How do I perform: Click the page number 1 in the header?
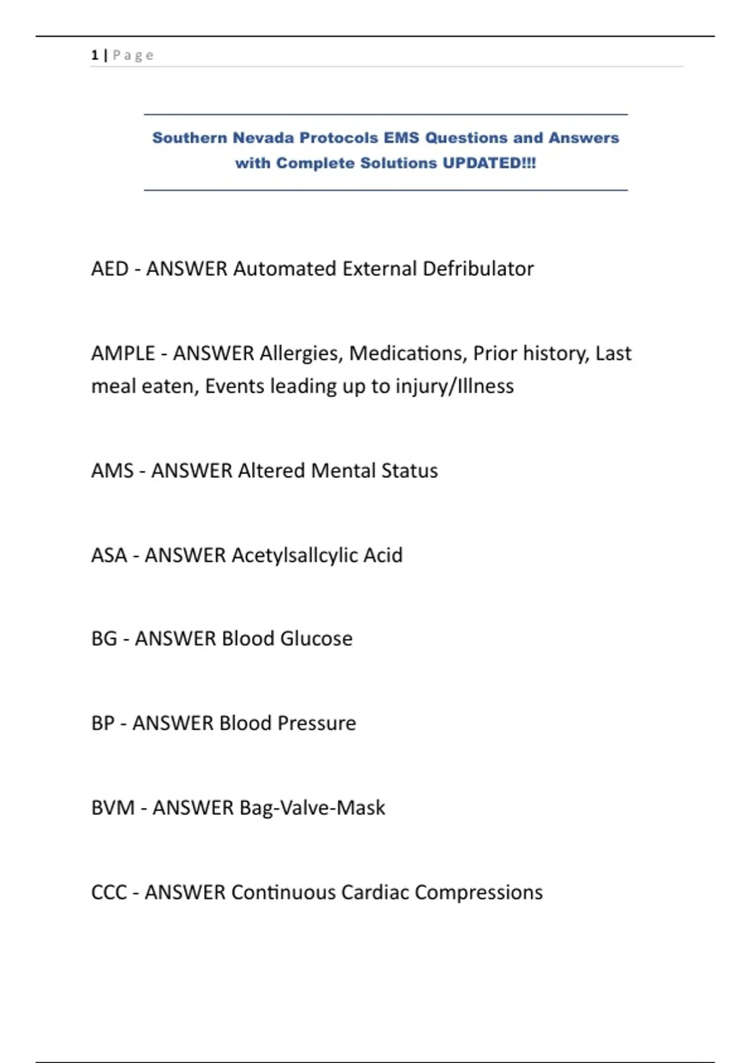[x=95, y=55]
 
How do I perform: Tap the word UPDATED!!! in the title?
[x=489, y=163]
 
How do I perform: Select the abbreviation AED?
[x=110, y=269]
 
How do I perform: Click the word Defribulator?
[x=478, y=269]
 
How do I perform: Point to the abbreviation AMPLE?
[x=123, y=353]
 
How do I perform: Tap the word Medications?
[x=407, y=353]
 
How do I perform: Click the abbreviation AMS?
[x=112, y=471]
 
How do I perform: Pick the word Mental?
[x=343, y=471]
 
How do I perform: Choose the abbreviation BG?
[x=104, y=639]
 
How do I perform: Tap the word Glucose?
[x=316, y=639]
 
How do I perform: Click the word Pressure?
[x=317, y=723]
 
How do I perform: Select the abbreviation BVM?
[x=113, y=808]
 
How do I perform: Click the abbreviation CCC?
[x=109, y=892]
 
